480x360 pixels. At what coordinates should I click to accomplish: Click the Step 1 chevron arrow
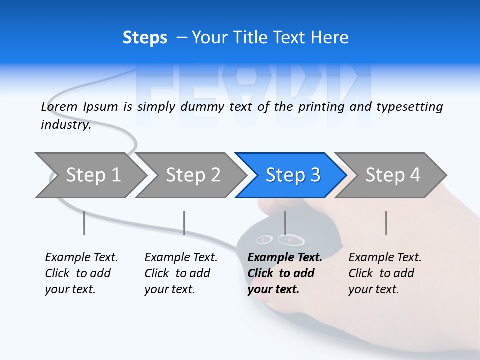click(93, 175)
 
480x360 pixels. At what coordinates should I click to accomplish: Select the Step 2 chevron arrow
click(193, 175)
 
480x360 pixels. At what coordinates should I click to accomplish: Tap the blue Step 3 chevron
click(292, 175)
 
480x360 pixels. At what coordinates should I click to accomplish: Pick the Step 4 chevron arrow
click(392, 175)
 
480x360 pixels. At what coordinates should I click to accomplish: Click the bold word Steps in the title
click(145, 38)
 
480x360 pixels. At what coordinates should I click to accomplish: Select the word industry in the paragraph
click(65, 125)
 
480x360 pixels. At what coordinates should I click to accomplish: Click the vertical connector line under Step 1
click(84, 223)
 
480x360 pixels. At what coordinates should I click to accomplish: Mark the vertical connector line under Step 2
click(184, 223)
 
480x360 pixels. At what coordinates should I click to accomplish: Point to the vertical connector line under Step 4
click(386, 223)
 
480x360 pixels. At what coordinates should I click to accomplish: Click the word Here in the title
click(330, 38)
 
